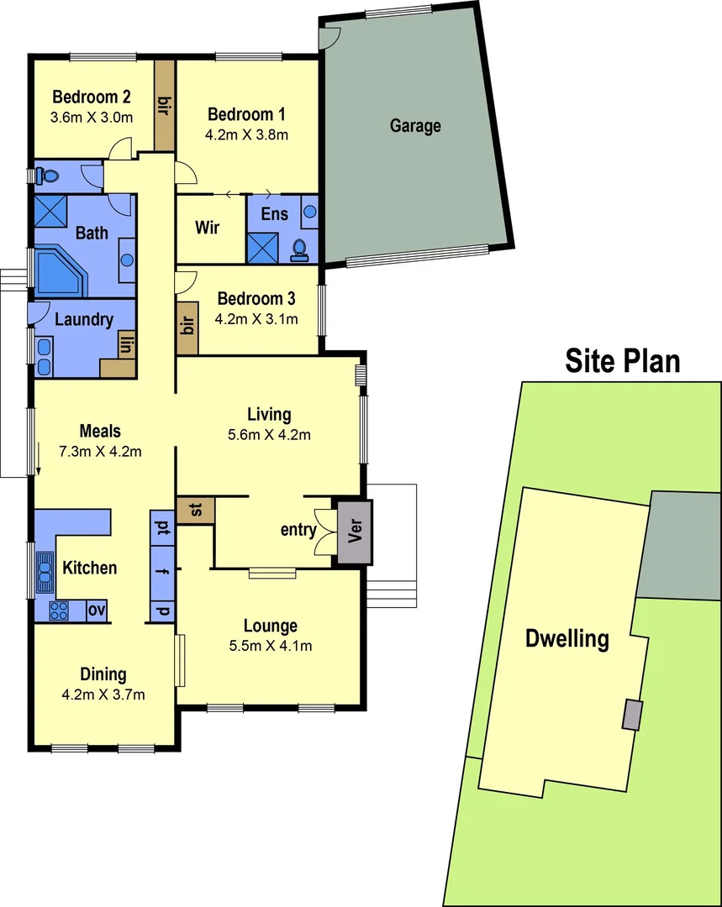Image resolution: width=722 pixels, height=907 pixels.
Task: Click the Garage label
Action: pos(415,126)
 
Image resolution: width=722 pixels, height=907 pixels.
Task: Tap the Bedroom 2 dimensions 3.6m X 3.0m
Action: pos(92,118)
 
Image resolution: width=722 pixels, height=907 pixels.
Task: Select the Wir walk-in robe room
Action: pos(208,228)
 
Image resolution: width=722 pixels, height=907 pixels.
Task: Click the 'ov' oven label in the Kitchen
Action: pos(97,611)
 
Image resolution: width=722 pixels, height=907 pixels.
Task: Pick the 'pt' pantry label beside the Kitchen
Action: pos(161,528)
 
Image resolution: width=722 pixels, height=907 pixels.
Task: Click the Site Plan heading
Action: pos(622,361)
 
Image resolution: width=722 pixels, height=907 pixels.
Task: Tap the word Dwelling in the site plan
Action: pos(567,638)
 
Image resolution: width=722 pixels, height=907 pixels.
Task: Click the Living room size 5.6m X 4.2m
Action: pos(269,435)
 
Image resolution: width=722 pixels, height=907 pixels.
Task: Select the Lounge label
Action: pos(271,626)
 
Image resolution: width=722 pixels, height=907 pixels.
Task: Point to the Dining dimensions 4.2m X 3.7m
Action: pos(104,695)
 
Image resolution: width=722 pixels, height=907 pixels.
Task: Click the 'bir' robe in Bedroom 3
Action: pos(187,325)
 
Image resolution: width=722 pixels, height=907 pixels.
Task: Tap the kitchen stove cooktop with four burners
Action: pos(60,611)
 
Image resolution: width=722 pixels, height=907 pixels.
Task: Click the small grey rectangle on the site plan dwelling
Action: pos(630,715)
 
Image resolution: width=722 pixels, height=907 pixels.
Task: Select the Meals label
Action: pos(99,432)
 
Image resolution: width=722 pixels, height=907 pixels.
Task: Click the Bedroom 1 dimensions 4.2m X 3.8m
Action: pos(247,134)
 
